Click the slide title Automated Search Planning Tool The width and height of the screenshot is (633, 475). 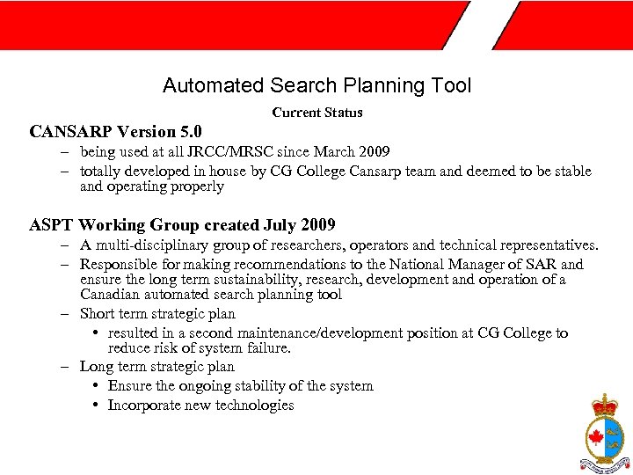pos(316,85)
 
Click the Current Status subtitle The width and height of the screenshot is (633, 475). pos(317,113)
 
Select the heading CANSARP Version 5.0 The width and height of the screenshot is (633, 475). pos(115,132)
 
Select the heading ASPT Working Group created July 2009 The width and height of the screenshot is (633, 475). pos(182,225)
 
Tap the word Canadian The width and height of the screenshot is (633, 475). pos(106,295)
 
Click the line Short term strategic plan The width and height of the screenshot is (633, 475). pos(157,314)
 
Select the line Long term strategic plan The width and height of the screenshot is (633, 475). pos(156,366)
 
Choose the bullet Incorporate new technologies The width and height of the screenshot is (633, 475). pos(200,406)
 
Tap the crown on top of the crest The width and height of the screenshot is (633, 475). pos(604,406)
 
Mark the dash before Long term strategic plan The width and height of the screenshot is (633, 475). pos(67,367)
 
